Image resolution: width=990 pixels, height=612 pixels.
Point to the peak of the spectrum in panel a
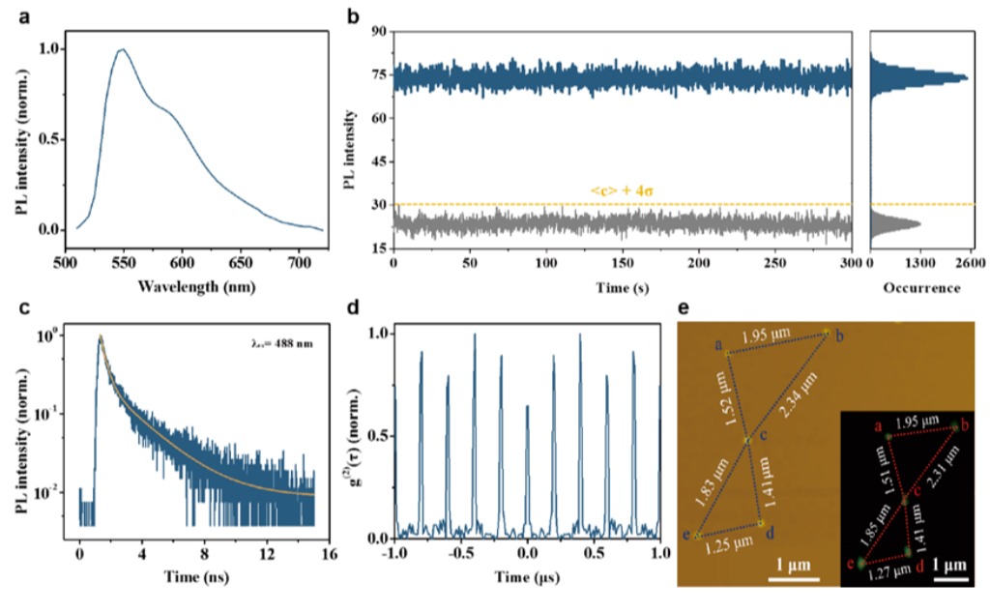point(122,49)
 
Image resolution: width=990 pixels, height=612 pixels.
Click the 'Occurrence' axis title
point(921,287)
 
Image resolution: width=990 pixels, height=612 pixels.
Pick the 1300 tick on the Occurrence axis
point(920,262)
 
